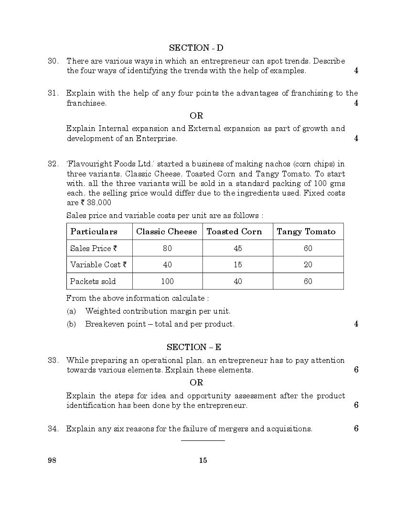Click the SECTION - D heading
coord(196,48)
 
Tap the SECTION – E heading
coord(193,347)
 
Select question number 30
coord(53,61)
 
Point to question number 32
coord(53,164)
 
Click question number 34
coord(53,428)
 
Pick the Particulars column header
coord(94,231)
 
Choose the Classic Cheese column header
coord(166,231)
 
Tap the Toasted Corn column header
coord(234,231)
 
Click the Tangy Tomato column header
coord(306,231)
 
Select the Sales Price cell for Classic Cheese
coord(167,248)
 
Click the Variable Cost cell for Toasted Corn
coord(238,264)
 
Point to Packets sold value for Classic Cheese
coord(167,281)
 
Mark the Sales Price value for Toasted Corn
coord(238,248)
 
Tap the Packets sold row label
coord(93,281)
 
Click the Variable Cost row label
coord(98,264)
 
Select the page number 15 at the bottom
coord(203,461)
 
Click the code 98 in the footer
coord(52,461)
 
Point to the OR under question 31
coord(196,116)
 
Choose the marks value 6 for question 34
coord(356,428)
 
